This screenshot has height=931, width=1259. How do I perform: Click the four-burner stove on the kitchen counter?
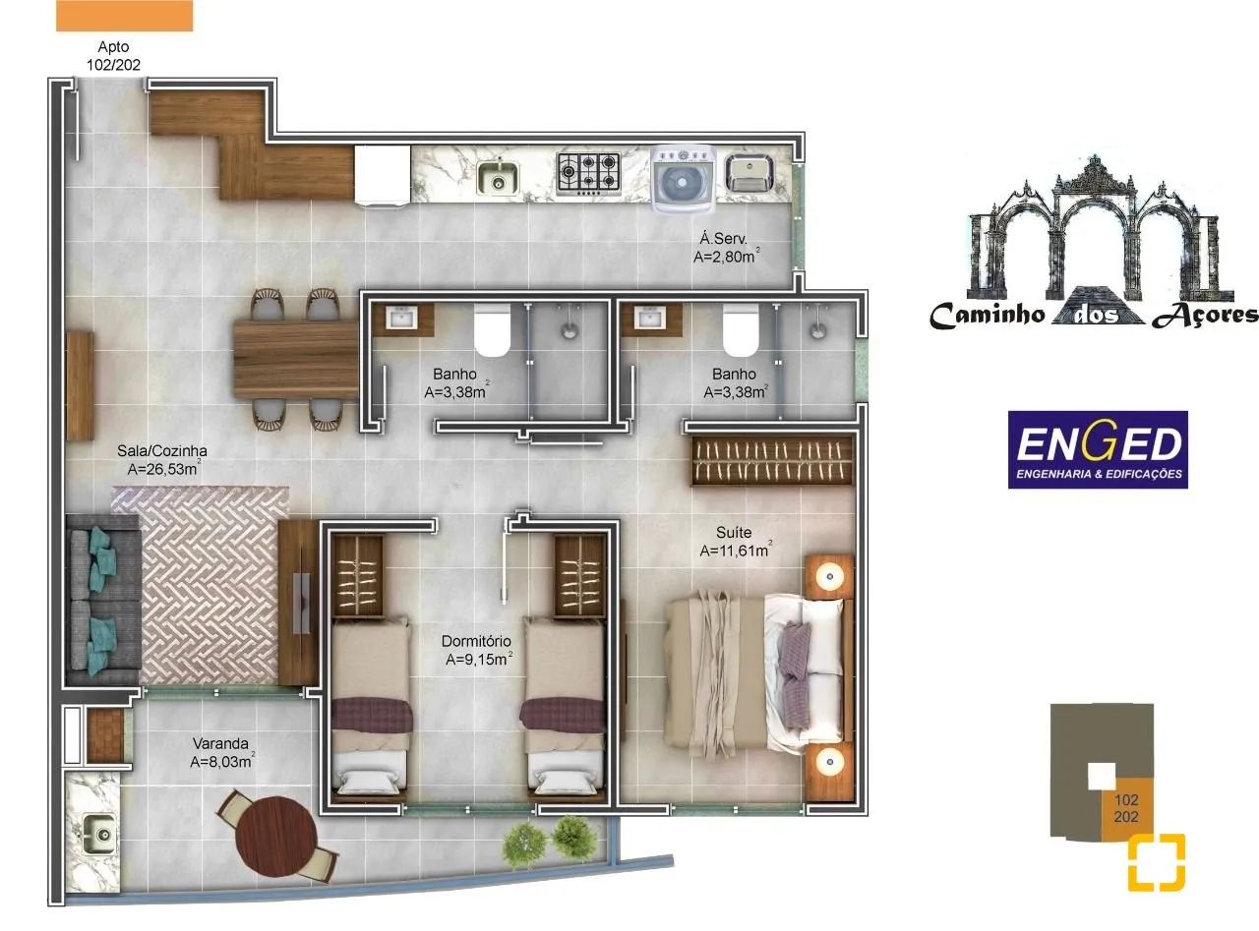588,173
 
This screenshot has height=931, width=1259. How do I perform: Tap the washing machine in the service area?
683,177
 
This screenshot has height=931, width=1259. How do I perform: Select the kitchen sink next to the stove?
499,178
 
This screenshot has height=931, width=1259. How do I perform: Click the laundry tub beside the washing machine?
749,174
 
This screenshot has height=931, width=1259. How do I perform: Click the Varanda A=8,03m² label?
222,752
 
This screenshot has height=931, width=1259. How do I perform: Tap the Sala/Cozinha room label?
162,460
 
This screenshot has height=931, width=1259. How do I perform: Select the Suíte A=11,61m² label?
735,542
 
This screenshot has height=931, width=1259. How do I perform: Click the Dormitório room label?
477,650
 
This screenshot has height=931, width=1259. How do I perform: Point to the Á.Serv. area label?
726,247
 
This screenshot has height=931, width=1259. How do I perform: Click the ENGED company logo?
1098,449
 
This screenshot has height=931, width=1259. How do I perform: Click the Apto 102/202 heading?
113,55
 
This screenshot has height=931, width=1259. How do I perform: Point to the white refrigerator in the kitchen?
382,176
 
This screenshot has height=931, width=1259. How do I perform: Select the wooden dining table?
295,359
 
